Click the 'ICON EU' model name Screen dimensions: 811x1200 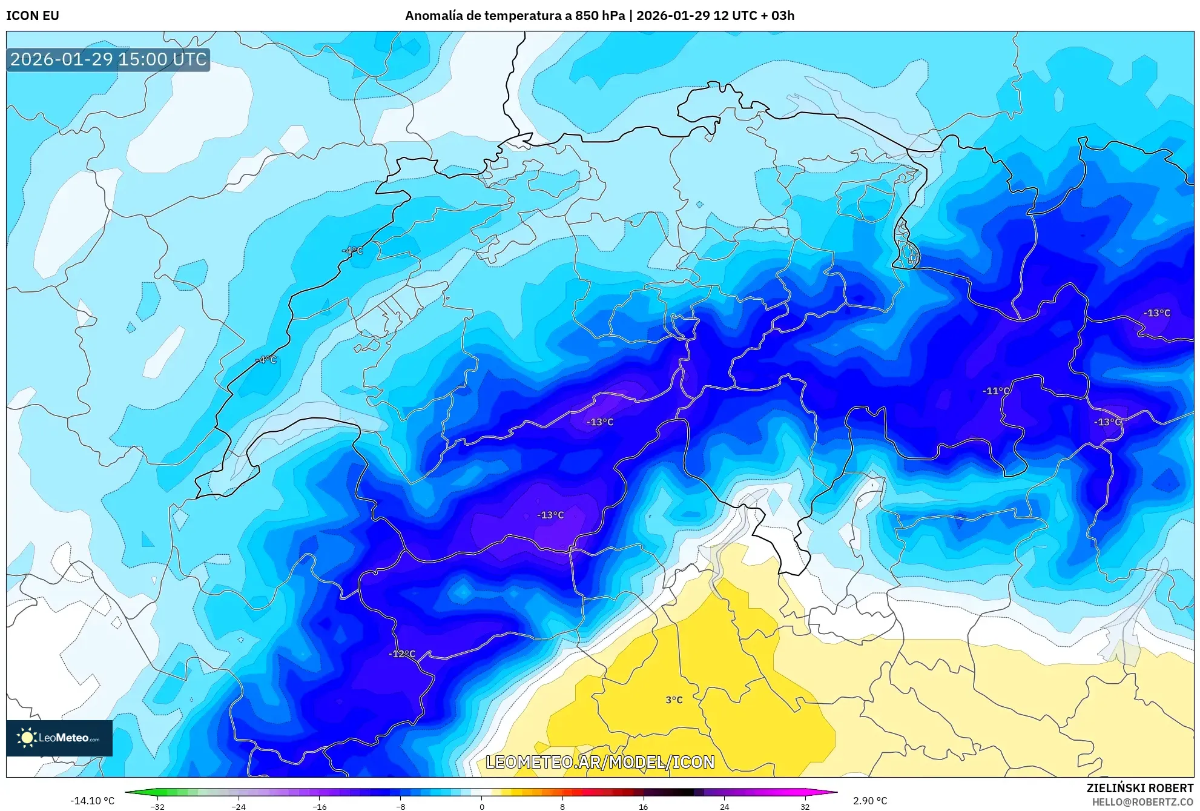(x=33, y=16)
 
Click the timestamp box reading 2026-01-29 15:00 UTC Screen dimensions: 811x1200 (x=108, y=59)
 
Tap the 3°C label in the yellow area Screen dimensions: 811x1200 (x=673, y=700)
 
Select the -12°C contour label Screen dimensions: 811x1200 (x=402, y=654)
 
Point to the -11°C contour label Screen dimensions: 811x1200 (x=996, y=391)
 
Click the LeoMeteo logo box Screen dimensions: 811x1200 (x=59, y=738)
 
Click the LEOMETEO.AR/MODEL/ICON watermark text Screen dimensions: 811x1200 (x=600, y=763)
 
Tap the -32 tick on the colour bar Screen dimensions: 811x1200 (x=157, y=807)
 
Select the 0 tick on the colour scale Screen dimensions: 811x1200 (x=482, y=807)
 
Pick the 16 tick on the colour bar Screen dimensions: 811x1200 (x=643, y=807)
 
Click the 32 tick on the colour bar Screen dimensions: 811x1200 (x=805, y=807)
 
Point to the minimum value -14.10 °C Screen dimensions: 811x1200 (x=92, y=801)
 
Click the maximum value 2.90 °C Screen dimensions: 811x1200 (x=870, y=801)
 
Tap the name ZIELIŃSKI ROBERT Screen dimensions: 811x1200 (x=1139, y=788)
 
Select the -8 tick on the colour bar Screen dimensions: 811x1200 (x=400, y=807)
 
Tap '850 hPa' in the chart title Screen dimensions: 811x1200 (x=599, y=16)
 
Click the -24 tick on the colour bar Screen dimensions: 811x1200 (x=239, y=807)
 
